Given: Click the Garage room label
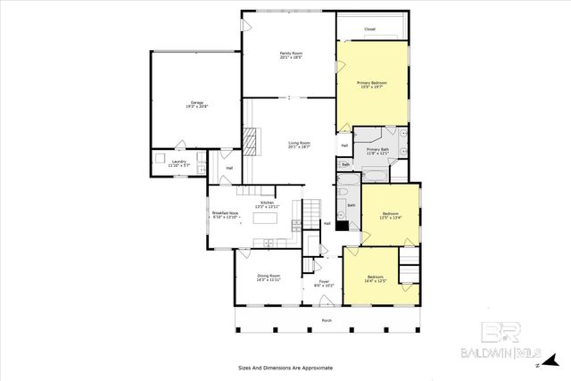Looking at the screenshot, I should pyautogui.click(x=196, y=104).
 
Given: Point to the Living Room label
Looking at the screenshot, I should pyautogui.click(x=299, y=145).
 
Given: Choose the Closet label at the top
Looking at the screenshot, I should pyautogui.click(x=369, y=29).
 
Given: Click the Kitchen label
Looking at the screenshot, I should pyautogui.click(x=267, y=204).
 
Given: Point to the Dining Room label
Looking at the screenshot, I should pyautogui.click(x=269, y=277).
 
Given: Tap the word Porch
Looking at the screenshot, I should pyautogui.click(x=327, y=320).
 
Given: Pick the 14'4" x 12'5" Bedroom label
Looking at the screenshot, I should pyautogui.click(x=375, y=279).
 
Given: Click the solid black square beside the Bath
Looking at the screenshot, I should pyautogui.click(x=341, y=227).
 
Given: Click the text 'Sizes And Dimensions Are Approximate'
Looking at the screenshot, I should pyautogui.click(x=285, y=368).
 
